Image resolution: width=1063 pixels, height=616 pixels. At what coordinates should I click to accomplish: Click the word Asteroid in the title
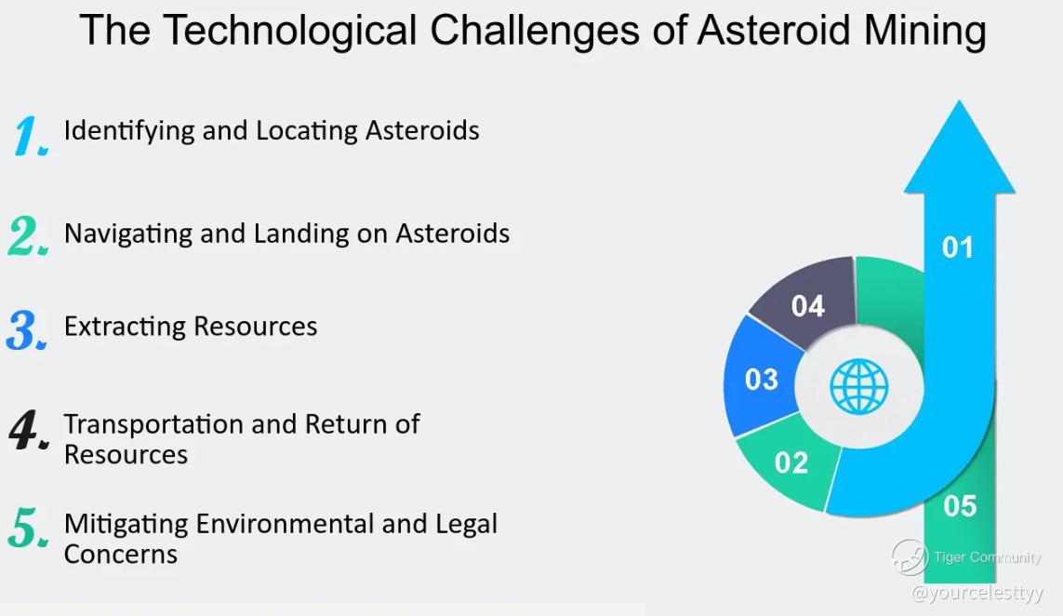(774, 31)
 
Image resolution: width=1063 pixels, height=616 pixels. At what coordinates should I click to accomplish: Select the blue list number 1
(30, 135)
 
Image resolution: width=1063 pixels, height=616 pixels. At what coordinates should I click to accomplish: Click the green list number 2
(28, 235)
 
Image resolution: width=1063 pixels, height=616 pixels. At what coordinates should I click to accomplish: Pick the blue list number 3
(27, 330)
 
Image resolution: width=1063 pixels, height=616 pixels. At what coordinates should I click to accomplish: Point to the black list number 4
(29, 430)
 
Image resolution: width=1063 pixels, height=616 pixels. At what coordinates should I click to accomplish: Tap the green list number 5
(28, 528)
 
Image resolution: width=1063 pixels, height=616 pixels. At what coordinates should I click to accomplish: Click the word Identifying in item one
(129, 131)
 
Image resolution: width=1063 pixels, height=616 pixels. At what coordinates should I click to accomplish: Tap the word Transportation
(153, 424)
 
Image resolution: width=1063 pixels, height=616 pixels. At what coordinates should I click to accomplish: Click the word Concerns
(121, 555)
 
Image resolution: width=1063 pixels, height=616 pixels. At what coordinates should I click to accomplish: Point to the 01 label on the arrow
(957, 248)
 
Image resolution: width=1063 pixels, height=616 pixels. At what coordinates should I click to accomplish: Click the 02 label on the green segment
(791, 462)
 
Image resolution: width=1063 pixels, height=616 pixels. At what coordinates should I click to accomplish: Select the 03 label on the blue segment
(762, 380)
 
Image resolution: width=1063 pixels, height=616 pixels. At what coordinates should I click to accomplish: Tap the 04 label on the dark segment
(808, 306)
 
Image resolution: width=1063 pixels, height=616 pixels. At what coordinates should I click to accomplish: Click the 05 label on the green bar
(960, 506)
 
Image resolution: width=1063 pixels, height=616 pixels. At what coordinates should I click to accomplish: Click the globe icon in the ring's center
(859, 387)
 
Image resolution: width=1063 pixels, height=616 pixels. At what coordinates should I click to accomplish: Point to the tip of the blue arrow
(959, 101)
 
